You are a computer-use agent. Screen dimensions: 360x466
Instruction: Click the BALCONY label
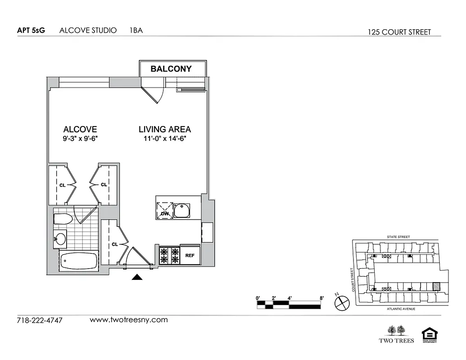point(171,69)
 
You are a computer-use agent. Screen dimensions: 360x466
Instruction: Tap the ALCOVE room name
point(80,129)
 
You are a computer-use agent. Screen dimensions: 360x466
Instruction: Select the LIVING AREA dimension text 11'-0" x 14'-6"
point(164,139)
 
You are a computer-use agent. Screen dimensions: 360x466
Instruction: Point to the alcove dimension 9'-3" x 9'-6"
point(80,139)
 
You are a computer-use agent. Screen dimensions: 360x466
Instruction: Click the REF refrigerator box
point(190,256)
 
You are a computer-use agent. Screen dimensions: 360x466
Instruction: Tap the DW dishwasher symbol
point(164,211)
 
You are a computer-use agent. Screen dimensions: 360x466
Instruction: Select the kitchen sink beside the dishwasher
point(182,211)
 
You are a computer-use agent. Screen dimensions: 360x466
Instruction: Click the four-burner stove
point(169,256)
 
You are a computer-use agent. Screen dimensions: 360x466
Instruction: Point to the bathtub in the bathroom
point(79,261)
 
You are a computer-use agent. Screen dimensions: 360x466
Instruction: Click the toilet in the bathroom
point(63,219)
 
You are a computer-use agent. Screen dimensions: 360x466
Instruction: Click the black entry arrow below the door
point(137,277)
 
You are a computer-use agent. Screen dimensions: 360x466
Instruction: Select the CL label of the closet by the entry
point(115,244)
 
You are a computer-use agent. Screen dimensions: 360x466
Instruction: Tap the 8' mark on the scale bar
point(321,298)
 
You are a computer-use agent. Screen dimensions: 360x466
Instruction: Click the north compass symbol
point(342,303)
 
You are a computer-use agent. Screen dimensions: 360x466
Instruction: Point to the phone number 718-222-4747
point(40,320)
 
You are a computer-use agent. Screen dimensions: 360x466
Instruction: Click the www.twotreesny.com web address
point(129,320)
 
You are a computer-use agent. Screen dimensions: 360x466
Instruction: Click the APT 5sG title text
point(31,31)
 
